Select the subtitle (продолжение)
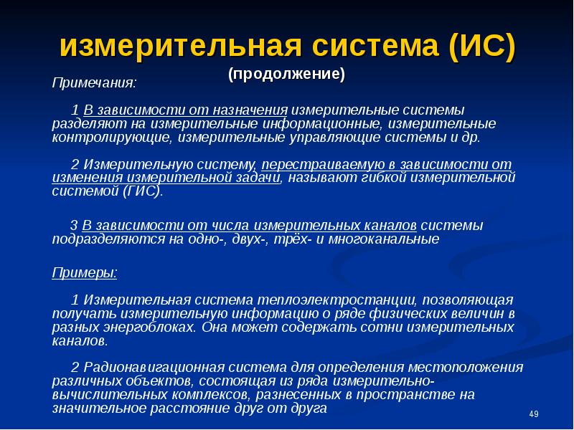[x=286, y=75]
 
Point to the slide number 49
[x=532, y=414]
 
